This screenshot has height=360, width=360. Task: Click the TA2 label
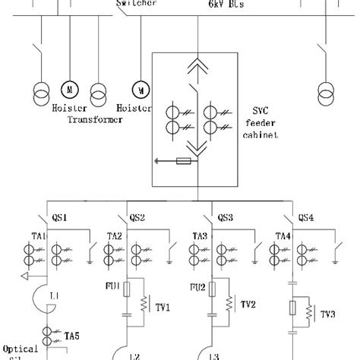pos(115,236)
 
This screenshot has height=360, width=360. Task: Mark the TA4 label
pos(283,236)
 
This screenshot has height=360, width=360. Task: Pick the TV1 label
pos(163,308)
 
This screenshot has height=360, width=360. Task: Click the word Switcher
pos(137,4)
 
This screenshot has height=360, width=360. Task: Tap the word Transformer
pos(95,118)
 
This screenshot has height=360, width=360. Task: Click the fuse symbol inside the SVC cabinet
pos(182,160)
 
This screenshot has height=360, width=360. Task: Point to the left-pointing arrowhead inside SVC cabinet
pos(156,160)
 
